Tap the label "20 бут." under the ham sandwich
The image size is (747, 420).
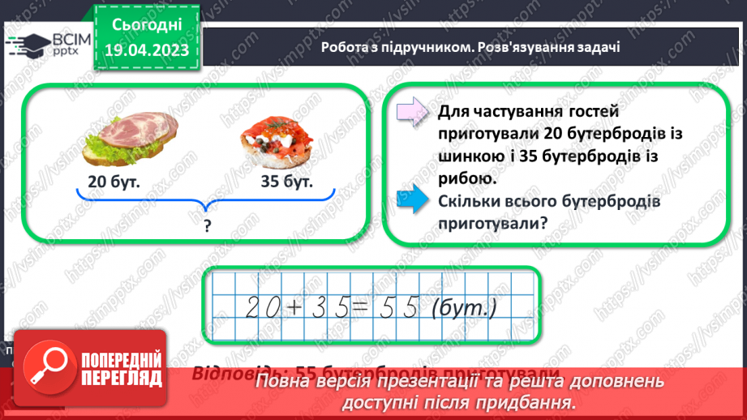point(114,182)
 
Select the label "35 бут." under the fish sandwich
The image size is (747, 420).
point(286,182)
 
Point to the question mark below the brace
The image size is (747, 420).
point(206,228)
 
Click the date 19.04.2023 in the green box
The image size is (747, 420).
point(146,51)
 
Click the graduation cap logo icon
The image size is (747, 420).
point(26,45)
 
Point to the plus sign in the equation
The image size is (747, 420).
point(294,306)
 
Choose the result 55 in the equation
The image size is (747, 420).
point(399,306)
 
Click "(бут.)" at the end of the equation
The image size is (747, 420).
point(463,306)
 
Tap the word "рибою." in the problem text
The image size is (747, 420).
point(466,179)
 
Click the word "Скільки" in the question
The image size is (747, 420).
point(470,202)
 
